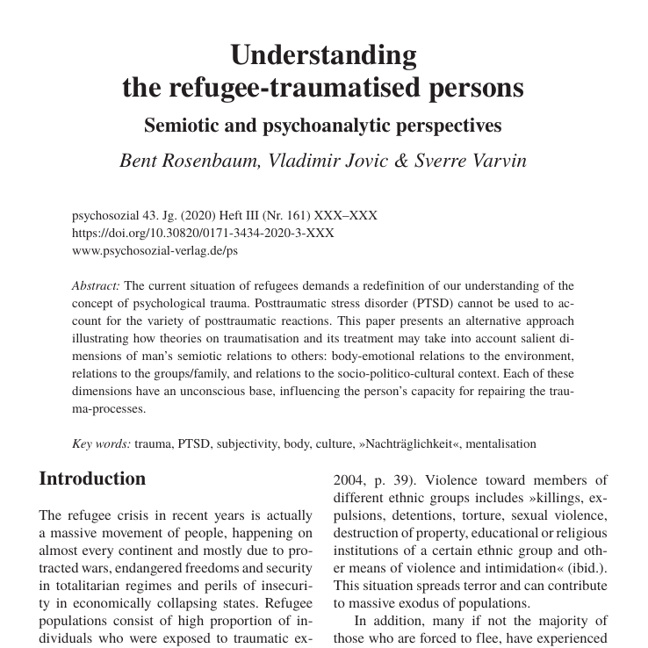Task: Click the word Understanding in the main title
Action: click(323, 54)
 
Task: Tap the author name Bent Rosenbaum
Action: click(187, 162)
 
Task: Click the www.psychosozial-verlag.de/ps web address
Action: click(154, 250)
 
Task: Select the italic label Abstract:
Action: click(96, 285)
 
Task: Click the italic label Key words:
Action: click(100, 444)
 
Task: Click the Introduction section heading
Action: click(92, 479)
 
